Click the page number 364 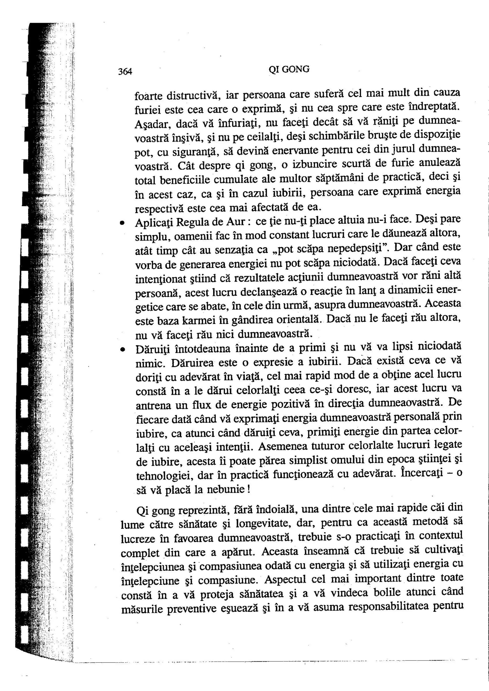(x=125, y=71)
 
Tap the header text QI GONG (x=289, y=70)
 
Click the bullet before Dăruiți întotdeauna (x=122, y=349)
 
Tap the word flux (x=201, y=405)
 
